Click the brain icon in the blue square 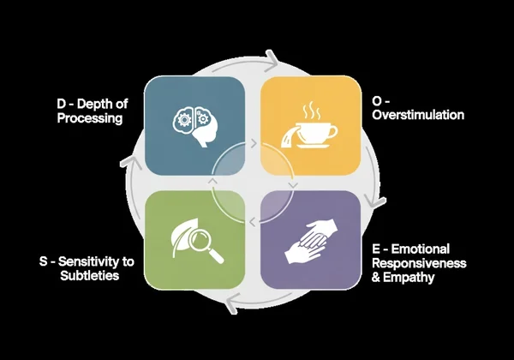tap(195, 125)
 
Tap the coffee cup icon tap(314, 132)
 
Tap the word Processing tap(90, 119)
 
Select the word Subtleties tap(90, 276)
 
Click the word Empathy tap(409, 277)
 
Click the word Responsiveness tap(420, 263)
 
